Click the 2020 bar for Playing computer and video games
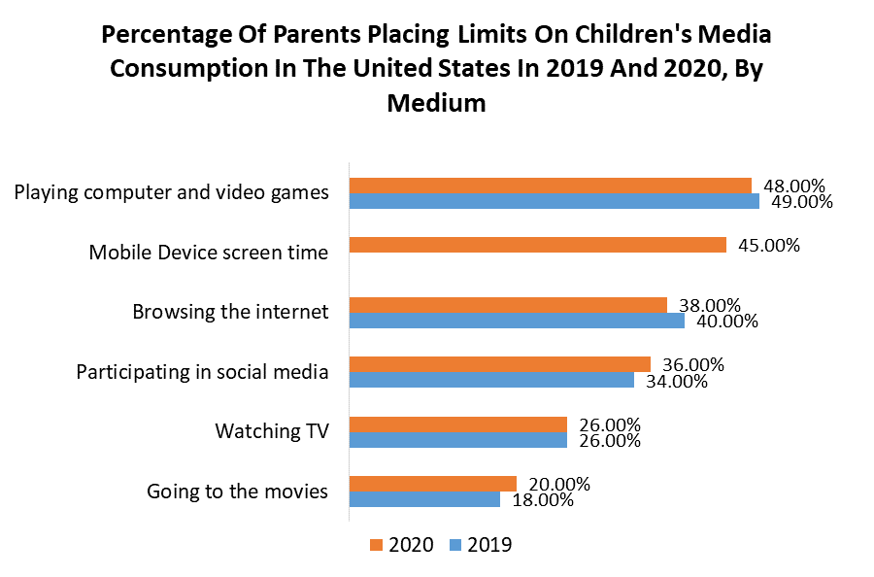tap(551, 186)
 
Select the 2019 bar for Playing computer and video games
tap(555, 201)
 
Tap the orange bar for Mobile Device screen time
tap(538, 245)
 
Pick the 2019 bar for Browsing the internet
tap(517, 321)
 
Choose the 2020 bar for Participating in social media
tap(500, 364)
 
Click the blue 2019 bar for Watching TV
tap(458, 440)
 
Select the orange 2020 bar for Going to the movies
tap(433, 484)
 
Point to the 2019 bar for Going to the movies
tap(425, 499)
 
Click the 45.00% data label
tap(769, 246)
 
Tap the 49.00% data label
tap(801, 202)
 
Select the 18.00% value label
tap(542, 500)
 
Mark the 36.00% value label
tap(692, 365)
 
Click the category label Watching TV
tap(272, 430)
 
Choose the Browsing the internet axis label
tap(230, 312)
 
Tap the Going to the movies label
tap(237, 492)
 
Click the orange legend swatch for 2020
tap(376, 546)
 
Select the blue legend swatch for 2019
tap(454, 546)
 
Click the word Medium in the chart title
tap(436, 102)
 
